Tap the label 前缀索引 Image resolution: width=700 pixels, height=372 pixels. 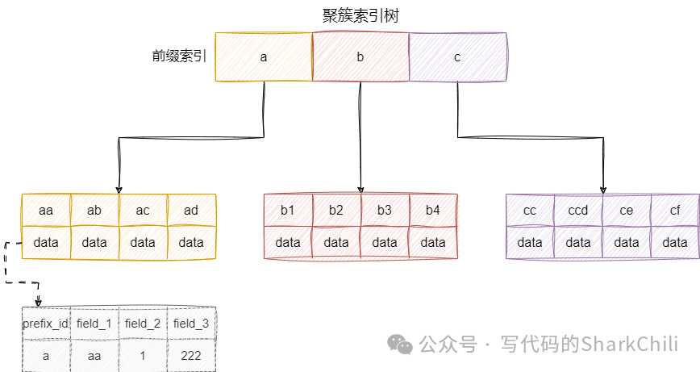pos(179,56)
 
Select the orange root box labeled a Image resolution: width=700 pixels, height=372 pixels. pos(264,56)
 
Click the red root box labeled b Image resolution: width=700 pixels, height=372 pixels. pos(360,56)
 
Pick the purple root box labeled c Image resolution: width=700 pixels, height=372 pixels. pos(457,56)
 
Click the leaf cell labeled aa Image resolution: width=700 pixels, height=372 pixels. pos(46,211)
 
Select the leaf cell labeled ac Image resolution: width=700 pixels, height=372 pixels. pos(143,211)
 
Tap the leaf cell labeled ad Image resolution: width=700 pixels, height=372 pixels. pos(191,211)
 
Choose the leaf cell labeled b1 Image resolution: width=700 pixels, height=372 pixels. pos(288,211)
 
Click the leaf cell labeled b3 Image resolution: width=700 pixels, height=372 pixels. pos(385,211)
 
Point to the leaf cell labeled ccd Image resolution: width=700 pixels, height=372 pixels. pos(578,211)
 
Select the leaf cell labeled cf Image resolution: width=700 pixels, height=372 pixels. pos(675,211)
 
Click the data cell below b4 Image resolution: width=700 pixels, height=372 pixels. pos(433,242)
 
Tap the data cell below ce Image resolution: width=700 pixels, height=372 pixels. pos(627,242)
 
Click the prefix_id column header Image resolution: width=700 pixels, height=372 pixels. pos(45,324)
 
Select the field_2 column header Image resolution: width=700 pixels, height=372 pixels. pos(143,324)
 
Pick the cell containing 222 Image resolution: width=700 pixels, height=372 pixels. pos(191,355)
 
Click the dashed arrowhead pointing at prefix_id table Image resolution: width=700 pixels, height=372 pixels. pos(38,303)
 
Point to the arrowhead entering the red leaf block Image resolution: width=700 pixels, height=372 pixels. pos(360,189)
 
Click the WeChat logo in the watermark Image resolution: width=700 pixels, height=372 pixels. pos(401,345)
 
